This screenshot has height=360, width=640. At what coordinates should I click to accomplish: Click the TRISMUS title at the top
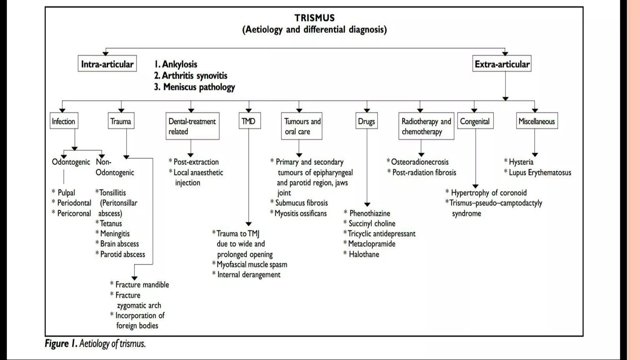pyautogui.click(x=314, y=18)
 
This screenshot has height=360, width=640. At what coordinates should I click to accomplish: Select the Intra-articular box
pyautogui.click(x=107, y=64)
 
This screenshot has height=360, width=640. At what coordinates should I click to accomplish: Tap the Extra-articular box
pyautogui.click(x=502, y=64)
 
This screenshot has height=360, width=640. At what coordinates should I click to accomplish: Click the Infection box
pyautogui.click(x=64, y=121)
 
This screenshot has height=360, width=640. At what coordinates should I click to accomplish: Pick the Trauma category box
pyautogui.click(x=121, y=121)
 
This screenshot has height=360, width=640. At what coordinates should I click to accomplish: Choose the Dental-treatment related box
pyautogui.click(x=192, y=126)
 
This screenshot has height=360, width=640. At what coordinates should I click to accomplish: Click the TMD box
pyautogui.click(x=249, y=121)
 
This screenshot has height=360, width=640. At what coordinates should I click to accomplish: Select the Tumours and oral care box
pyautogui.click(x=302, y=126)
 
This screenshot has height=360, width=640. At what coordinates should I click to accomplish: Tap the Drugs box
pyautogui.click(x=367, y=121)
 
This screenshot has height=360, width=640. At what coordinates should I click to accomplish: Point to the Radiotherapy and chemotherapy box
pyautogui.click(x=426, y=126)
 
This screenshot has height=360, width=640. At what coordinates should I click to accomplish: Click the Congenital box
pyautogui.click(x=475, y=121)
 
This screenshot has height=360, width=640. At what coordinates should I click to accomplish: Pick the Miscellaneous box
pyautogui.click(x=537, y=121)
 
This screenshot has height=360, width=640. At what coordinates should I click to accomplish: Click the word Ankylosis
pyautogui.click(x=179, y=64)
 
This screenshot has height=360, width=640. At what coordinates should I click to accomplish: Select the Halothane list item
pyautogui.click(x=364, y=254)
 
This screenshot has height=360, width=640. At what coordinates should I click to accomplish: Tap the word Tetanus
pyautogui.click(x=111, y=223)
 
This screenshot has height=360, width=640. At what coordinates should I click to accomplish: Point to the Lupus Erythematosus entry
pyautogui.click(x=540, y=172)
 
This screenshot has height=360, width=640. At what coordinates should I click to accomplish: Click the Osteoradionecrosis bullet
pyautogui.click(x=419, y=162)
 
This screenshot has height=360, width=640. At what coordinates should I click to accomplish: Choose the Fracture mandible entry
pyautogui.click(x=142, y=285)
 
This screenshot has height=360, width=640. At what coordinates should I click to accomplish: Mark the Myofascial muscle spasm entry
pyautogui.click(x=252, y=264)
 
